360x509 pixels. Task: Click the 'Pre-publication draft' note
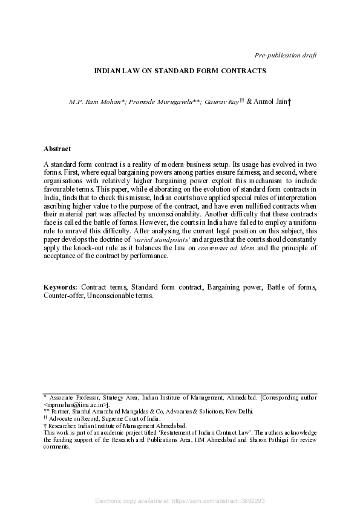click(286, 55)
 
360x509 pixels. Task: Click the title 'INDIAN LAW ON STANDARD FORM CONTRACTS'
click(180, 71)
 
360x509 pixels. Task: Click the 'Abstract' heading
click(57, 149)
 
